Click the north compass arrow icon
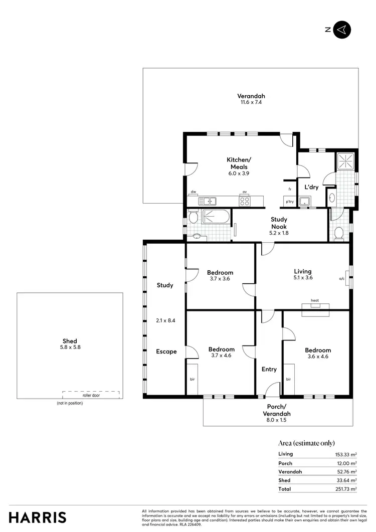point(342,30)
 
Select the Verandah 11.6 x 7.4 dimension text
point(251,102)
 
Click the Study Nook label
point(279,223)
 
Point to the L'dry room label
point(312,187)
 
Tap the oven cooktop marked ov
point(245,201)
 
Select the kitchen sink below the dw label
point(207,202)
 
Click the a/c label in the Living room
point(342,279)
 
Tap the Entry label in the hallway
point(269,369)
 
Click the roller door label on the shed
point(91,395)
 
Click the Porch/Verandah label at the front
point(277,410)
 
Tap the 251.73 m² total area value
point(346,489)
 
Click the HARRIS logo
point(38,517)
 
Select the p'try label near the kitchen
point(290,202)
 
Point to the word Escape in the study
point(166,351)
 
